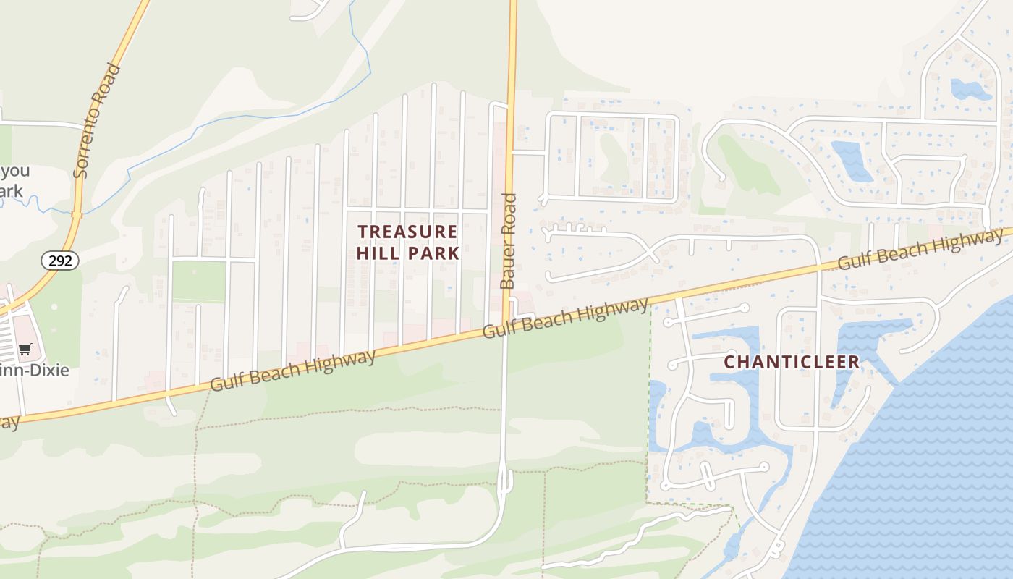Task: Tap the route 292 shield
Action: point(59,260)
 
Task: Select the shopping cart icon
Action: point(25,350)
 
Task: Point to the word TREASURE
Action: point(408,232)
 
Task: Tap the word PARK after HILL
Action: point(433,253)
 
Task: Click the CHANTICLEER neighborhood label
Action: point(792,362)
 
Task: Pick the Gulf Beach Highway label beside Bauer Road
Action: point(565,318)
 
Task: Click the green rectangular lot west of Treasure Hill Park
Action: point(199,281)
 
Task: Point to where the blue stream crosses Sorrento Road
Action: point(77,214)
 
